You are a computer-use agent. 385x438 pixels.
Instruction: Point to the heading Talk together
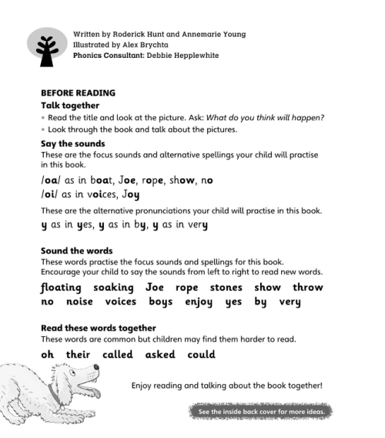point(70,105)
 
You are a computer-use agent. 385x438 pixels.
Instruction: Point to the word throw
point(309,288)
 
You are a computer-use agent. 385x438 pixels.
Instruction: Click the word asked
point(161,355)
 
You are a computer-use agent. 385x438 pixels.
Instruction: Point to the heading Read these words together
point(99,328)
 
